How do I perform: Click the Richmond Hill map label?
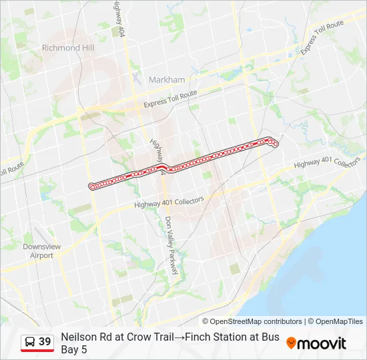(x=68, y=48)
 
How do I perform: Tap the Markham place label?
(x=167, y=80)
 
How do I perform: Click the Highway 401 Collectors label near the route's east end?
(x=327, y=163)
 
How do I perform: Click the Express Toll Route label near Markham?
(x=171, y=101)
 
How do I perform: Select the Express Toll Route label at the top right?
(x=322, y=38)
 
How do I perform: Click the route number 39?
(x=45, y=342)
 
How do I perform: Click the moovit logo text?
(x=322, y=344)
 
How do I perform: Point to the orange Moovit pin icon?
(x=291, y=343)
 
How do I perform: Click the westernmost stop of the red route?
(x=91, y=186)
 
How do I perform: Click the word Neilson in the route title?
(x=79, y=337)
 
